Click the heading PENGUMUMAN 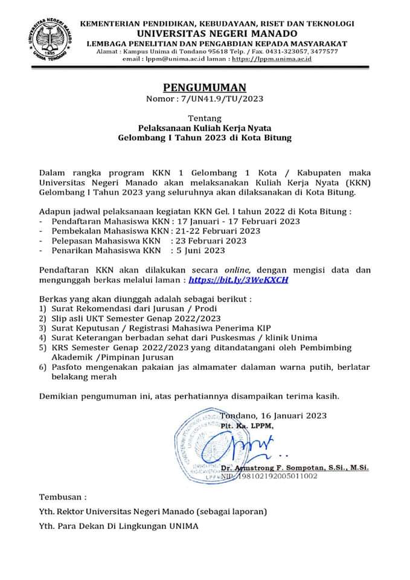205,88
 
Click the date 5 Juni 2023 199,251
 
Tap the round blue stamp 205,448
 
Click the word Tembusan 63,498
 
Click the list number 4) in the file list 43,337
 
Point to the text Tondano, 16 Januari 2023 274,416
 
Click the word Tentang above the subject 205,118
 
